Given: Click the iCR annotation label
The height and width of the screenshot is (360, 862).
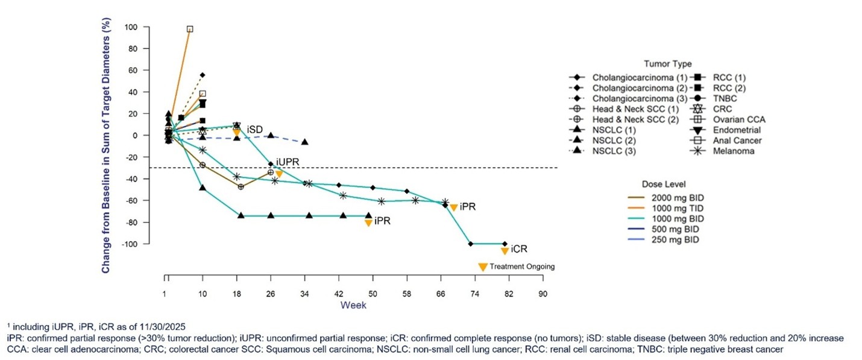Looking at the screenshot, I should pos(520,249).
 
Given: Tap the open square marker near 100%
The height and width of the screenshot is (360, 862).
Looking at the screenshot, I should pos(190,29).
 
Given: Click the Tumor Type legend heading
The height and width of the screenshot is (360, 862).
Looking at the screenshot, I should pos(667,64).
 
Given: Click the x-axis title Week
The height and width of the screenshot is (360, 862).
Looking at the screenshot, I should pos(353,305).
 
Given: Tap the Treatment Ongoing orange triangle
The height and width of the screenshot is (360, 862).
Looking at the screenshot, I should pos(482,267).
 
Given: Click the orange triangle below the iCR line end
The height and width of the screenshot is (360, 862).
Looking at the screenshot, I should pos(505,251).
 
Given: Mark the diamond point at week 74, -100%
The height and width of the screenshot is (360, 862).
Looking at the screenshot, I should pos(470,244).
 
